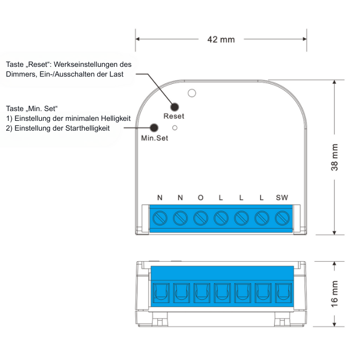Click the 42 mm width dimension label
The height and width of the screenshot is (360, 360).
[221, 40]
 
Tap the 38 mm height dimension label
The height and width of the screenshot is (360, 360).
[334, 157]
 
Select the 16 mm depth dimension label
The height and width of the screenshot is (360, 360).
[334, 294]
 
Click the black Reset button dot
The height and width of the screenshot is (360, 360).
[174, 107]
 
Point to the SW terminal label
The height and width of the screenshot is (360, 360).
[282, 197]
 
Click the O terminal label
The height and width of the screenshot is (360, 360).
[201, 197]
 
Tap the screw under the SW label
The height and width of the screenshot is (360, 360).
[282, 218]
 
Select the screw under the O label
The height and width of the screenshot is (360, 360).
[201, 218]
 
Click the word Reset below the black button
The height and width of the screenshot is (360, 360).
[174, 116]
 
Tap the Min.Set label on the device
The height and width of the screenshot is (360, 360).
[154, 138]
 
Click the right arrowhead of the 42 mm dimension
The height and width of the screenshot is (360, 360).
[304, 39]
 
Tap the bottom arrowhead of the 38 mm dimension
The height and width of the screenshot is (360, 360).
[334, 232]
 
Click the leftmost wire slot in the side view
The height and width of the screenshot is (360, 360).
[161, 293]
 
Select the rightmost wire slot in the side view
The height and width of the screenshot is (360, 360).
[283, 293]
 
